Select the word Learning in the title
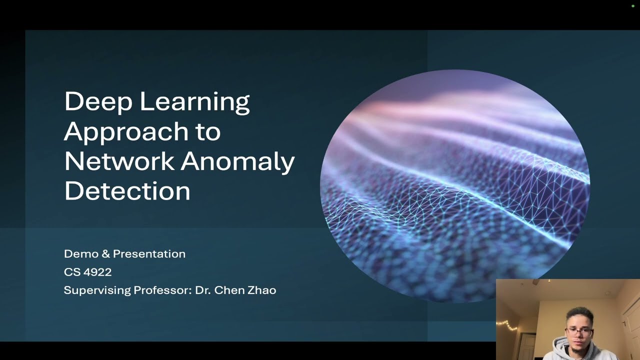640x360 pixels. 194,102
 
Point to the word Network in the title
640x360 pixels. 119,161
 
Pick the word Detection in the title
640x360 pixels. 127,191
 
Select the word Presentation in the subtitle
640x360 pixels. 149,254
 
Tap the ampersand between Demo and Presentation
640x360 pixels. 105,254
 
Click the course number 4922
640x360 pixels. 98,272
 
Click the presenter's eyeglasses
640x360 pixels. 579,331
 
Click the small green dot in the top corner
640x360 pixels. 633,6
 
